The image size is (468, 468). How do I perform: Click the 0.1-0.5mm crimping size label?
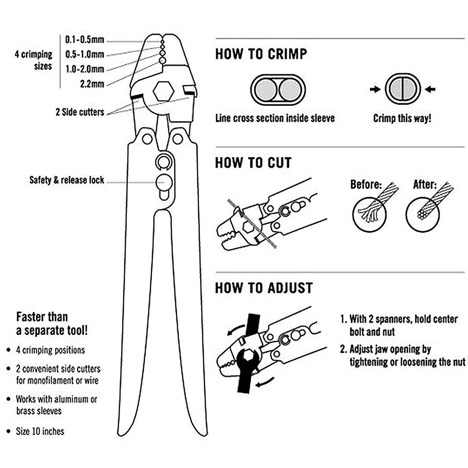point(84,40)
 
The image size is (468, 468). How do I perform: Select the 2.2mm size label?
point(92,84)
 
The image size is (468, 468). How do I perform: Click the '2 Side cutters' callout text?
point(80,112)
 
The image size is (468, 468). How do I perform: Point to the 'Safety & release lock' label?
point(67,180)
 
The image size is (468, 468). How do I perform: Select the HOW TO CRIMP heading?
point(261,54)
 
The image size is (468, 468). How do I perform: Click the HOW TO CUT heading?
point(253,163)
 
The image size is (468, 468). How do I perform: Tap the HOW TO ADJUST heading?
point(264,288)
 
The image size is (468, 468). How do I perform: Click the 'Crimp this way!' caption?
point(402,118)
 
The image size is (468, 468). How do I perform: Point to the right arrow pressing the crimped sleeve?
point(431,90)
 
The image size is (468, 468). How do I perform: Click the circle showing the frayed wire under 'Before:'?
point(369,214)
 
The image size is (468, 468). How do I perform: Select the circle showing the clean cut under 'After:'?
point(422,214)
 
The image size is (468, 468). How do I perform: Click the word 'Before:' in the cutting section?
point(366,184)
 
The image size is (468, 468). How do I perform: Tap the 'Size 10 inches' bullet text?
point(40,431)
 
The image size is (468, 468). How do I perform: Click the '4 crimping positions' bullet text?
point(50,350)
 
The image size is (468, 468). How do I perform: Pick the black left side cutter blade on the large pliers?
point(137,97)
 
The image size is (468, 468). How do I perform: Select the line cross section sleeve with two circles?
point(278,90)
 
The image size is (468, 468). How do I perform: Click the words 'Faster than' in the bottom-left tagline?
point(42,317)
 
